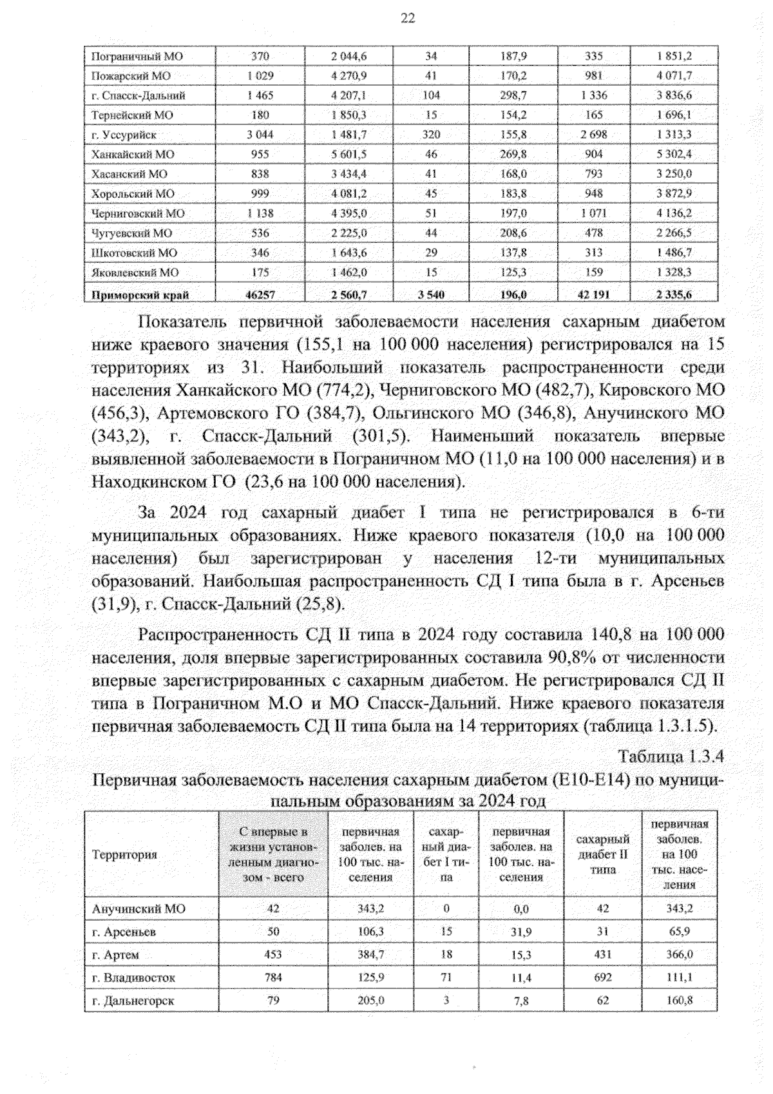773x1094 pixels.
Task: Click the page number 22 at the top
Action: click(408, 18)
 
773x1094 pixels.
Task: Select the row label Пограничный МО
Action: click(137, 56)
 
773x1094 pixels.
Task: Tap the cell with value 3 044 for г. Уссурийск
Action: click(260, 135)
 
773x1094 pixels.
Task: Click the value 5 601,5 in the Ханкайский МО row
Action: click(349, 154)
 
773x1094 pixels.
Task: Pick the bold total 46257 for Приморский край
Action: click(260, 295)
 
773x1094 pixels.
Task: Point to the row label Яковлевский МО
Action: click(135, 273)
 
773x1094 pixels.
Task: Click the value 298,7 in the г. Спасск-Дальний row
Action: click(513, 95)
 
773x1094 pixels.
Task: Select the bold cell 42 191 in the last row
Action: click(593, 295)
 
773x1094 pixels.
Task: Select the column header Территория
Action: click(124, 854)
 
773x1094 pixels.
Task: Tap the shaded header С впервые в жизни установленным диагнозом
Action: click(273, 854)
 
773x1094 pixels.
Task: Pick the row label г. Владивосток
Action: click(133, 977)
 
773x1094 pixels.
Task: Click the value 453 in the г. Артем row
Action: click(273, 954)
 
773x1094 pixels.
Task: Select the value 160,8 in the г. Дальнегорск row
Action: click(679, 1001)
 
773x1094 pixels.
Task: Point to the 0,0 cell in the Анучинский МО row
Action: click(520, 908)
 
